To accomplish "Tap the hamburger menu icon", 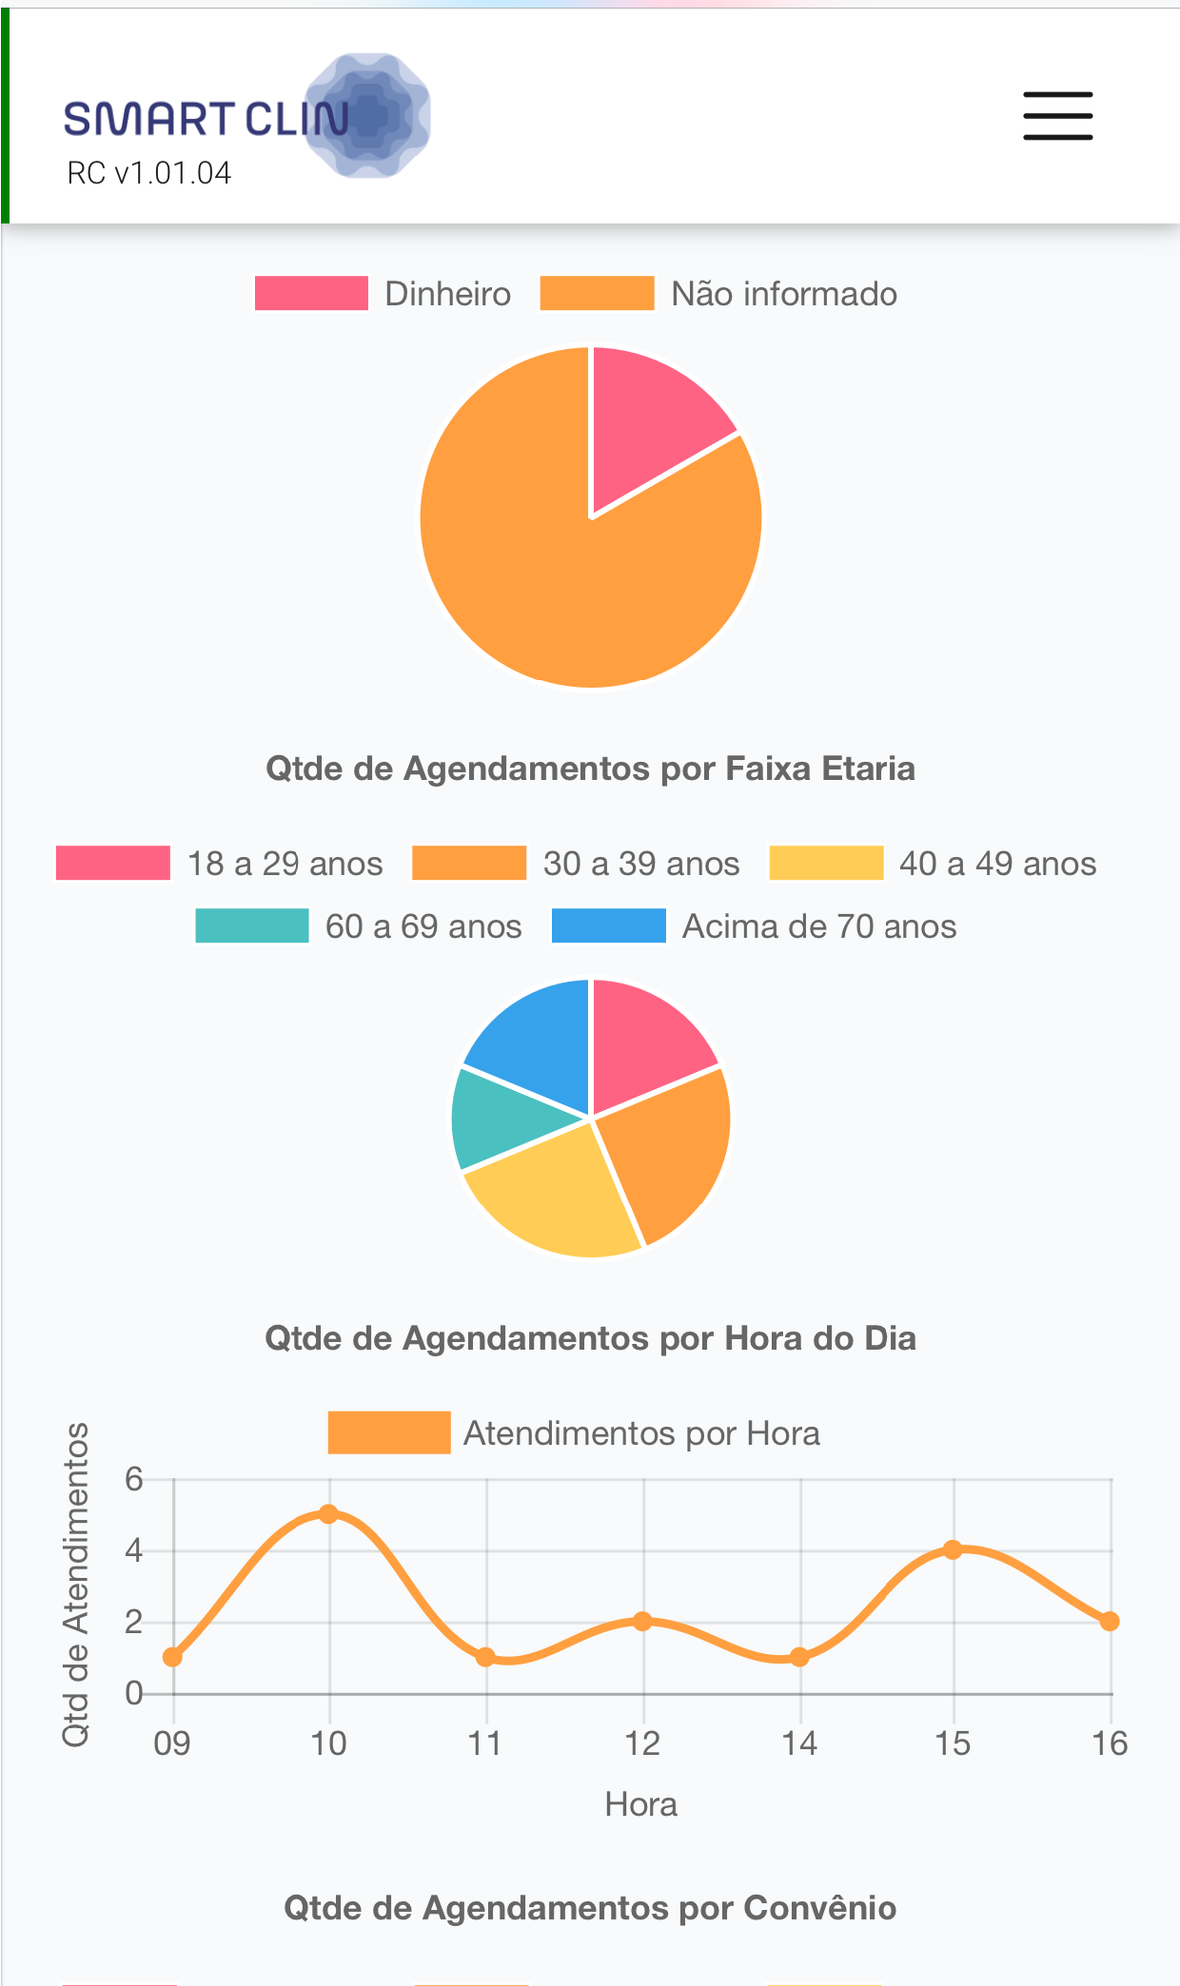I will click(x=1057, y=116).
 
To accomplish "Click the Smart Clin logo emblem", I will click(x=368, y=115).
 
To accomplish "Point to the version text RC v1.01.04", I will click(x=148, y=173).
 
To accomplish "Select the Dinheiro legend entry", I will click(x=383, y=294).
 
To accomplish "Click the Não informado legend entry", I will click(x=718, y=294).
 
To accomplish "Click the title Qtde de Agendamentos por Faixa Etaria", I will click(x=590, y=769).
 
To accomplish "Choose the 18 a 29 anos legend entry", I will click(x=220, y=864).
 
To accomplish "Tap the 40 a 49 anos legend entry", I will click(x=933, y=864).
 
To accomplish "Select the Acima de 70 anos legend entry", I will click(x=755, y=926).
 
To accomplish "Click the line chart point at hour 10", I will click(x=328, y=1514).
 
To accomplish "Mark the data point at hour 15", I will click(x=953, y=1549).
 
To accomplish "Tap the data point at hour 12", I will click(x=642, y=1621).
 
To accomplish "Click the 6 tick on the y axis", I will click(x=134, y=1479).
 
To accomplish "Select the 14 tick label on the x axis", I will click(x=799, y=1743).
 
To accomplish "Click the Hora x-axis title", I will click(x=641, y=1804).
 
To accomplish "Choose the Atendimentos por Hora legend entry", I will click(x=574, y=1433).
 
